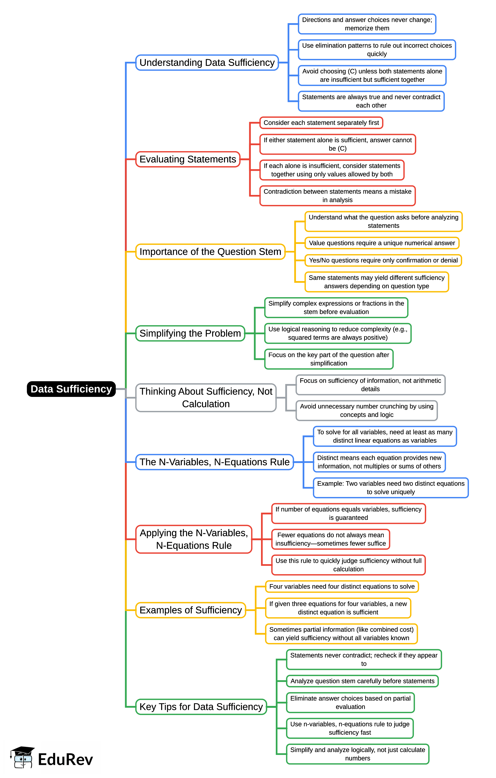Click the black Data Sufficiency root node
[x=71, y=389]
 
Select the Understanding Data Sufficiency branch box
[x=207, y=63]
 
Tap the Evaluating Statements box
[x=187, y=159]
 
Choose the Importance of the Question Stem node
[x=210, y=252]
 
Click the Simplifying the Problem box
[x=190, y=333]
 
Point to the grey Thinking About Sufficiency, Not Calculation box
[x=206, y=397]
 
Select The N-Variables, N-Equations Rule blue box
[x=214, y=462]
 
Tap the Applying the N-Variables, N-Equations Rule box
[x=194, y=539]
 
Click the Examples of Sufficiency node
[x=190, y=610]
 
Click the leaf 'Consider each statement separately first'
[x=321, y=123]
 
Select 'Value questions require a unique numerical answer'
[x=382, y=243]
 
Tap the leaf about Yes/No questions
[x=383, y=260]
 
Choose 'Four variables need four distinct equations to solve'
[x=342, y=587]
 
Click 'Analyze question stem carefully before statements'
[x=362, y=681]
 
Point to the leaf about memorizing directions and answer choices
[x=367, y=24]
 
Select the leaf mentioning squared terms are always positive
[x=338, y=333]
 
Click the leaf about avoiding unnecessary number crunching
[x=367, y=410]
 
